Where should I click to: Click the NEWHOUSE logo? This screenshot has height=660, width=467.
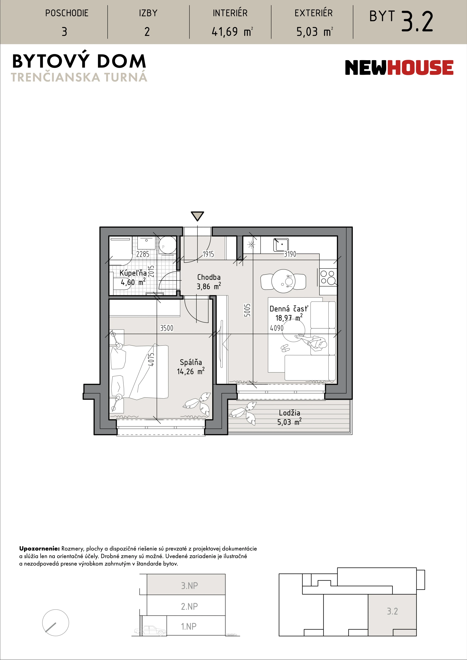click(399, 67)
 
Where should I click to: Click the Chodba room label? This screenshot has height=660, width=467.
click(209, 277)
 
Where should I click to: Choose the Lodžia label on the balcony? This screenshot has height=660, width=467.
click(289, 413)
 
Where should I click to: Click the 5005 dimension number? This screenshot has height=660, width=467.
click(247, 310)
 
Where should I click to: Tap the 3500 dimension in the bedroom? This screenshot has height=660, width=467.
click(167, 328)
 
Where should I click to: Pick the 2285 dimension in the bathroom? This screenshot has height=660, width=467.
click(143, 254)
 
